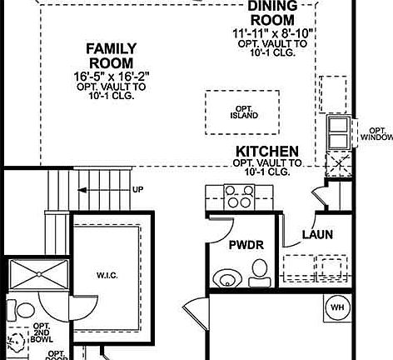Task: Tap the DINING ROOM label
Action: (x=271, y=13)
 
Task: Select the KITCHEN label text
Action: (x=267, y=151)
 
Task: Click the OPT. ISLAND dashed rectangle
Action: (x=243, y=112)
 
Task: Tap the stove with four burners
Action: (x=240, y=197)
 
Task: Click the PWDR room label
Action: (x=246, y=245)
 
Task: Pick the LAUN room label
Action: (x=316, y=235)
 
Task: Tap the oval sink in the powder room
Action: (x=225, y=277)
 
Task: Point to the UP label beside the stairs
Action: (x=137, y=190)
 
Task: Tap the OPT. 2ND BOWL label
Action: (x=42, y=333)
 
